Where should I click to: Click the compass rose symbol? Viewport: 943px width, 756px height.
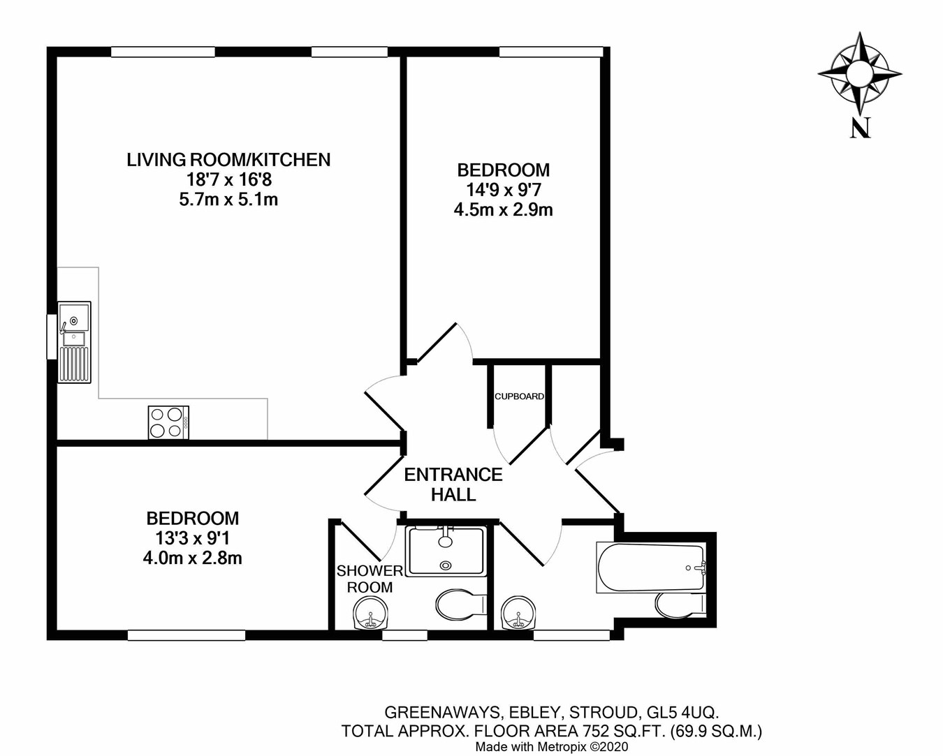[x=860, y=74]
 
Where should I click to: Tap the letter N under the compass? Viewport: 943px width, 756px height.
[x=860, y=128]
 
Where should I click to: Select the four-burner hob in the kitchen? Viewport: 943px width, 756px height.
[x=169, y=422]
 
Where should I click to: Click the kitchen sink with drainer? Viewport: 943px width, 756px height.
[x=75, y=342]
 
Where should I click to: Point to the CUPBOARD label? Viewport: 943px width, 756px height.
[x=519, y=396]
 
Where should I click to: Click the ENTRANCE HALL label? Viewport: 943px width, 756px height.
[x=453, y=484]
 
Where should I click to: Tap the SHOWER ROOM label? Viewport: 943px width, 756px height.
[x=370, y=579]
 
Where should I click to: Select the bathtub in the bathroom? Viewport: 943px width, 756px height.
[x=651, y=568]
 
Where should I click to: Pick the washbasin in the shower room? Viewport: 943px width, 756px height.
[x=371, y=613]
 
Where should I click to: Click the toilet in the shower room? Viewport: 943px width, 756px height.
[x=461, y=605]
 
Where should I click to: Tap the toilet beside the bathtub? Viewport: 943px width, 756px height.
[x=680, y=605]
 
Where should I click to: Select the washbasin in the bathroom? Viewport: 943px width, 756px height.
[x=520, y=613]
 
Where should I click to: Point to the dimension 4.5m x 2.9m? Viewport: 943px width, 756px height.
[x=503, y=210]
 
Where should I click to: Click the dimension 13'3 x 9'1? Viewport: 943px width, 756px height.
[x=193, y=538]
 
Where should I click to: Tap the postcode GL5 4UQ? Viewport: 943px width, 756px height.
[x=682, y=713]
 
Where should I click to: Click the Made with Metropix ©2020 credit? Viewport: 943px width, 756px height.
[x=552, y=747]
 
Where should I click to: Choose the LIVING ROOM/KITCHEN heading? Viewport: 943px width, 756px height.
[x=228, y=160]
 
